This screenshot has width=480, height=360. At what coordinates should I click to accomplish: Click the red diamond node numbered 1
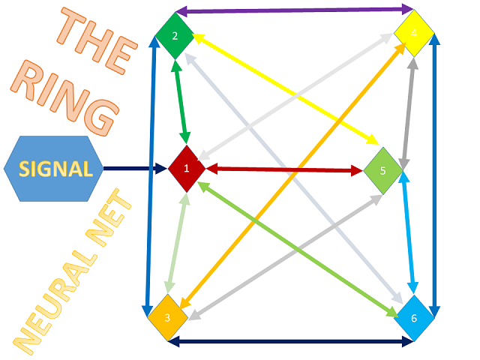pos(187,169)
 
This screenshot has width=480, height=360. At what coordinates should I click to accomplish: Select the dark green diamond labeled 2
pos(175,36)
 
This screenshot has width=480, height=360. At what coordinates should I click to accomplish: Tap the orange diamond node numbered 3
pos(168,317)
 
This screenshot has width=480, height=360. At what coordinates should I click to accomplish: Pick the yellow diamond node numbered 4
pos(414,33)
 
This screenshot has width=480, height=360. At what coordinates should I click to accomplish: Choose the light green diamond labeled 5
pos(382,171)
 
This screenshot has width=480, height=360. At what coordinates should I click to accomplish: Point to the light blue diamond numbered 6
pos(414,318)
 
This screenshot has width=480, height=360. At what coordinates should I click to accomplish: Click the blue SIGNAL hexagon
pos(53,169)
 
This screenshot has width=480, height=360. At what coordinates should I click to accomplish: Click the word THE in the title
pos(97,41)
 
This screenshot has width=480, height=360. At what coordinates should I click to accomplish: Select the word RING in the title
pos(64,97)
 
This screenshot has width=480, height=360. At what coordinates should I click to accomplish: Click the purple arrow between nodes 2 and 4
pos(295,10)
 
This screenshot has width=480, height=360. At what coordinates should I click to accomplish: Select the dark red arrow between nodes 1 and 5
pos(285,169)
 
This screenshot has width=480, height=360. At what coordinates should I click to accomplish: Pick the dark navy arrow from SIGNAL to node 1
pos(136,168)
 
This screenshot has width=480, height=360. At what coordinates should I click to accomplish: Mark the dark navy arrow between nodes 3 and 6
pos(291,341)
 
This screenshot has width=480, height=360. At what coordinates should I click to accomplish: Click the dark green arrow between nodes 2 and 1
pos(181,102)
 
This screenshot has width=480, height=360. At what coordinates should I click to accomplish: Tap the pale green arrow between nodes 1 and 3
pos(178,243)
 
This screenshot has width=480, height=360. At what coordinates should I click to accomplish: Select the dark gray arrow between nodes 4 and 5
pos(409,113)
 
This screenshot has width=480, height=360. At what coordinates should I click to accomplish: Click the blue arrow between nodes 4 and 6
pos(434,175)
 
